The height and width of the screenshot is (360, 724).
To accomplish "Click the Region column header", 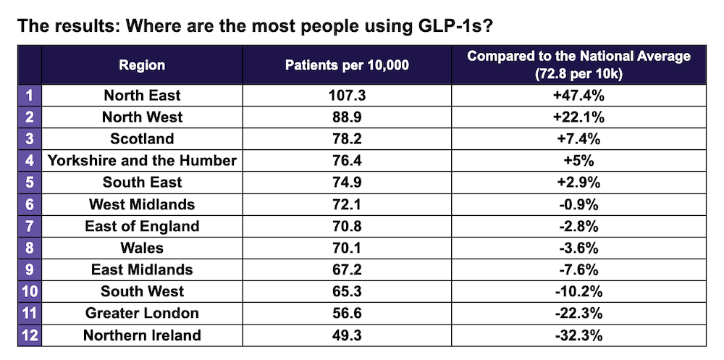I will pos(142,65).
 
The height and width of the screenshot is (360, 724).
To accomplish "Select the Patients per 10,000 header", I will pos(347,65).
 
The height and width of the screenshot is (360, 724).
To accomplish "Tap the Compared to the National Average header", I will pos(578,65).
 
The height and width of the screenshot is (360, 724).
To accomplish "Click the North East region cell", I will pos(142,96).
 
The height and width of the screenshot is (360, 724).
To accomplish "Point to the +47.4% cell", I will pos(578,96).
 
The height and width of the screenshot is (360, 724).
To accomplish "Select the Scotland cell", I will pos(142,139).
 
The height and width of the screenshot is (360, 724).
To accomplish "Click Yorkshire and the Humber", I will pos(142,161).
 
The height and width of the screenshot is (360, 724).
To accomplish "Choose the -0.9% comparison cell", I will pos(578,204).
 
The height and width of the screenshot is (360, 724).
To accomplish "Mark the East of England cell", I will pos(142,226).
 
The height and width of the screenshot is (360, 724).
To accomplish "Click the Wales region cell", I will pos(142,248).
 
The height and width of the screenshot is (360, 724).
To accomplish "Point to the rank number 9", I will pos(29,269).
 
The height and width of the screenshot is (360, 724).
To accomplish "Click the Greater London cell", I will pos(142,313).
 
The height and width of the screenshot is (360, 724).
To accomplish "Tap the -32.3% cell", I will pos(578,335).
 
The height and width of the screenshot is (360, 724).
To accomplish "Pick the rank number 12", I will pos(29,335).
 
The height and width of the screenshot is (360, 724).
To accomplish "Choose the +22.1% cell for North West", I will pos(578,117).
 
